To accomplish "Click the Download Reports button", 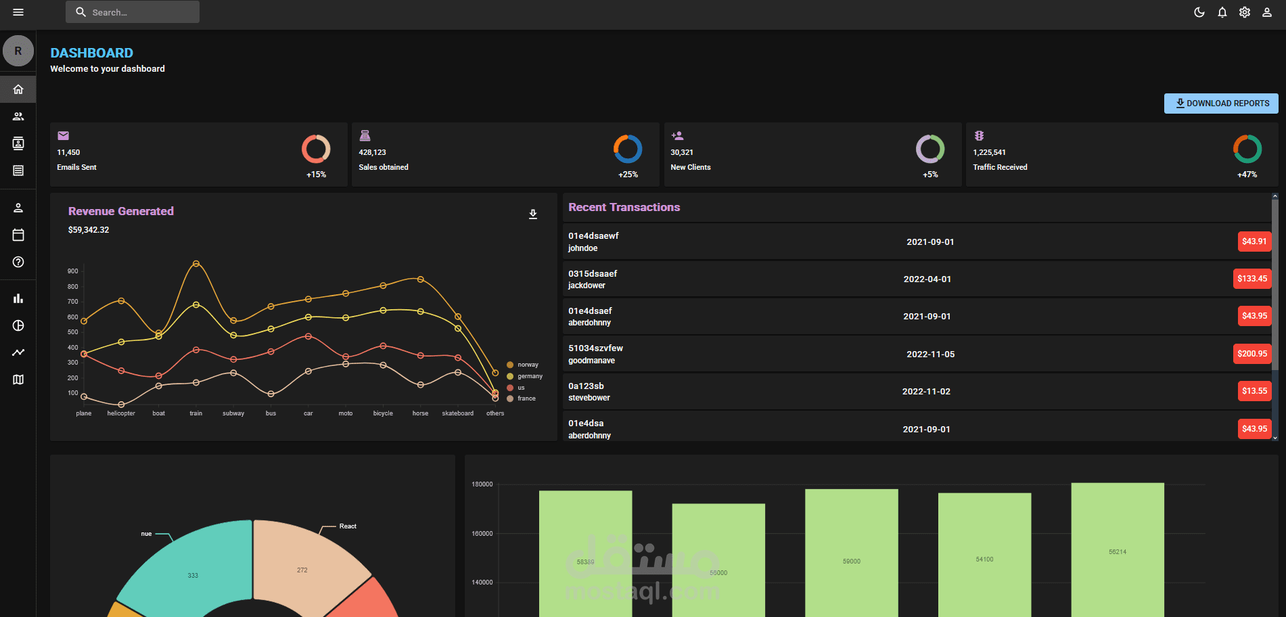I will point(1221,104).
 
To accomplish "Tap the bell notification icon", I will point(1222,12).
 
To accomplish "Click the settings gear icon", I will point(1244,12).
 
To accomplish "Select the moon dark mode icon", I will point(1199,12).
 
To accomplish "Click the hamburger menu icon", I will point(18,12).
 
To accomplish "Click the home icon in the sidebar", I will point(18,89).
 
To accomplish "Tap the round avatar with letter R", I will point(18,51).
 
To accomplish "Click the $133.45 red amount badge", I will point(1252,279).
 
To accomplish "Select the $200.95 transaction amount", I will point(1252,354).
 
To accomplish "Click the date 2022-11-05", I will point(930,355).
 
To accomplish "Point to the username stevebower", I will point(589,398).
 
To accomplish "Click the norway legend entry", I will point(527,365).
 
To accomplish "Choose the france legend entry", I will point(526,398).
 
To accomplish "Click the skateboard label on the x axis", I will point(457,413).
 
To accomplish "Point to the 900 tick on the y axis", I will point(72,271).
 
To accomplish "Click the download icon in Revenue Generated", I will point(533,214).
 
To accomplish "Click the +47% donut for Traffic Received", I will point(1247,149).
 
